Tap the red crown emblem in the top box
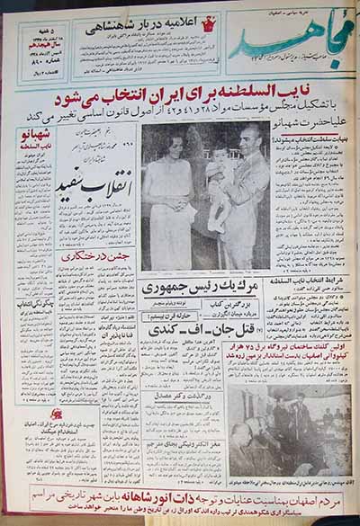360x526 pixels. pyautogui.click(x=210, y=20)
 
